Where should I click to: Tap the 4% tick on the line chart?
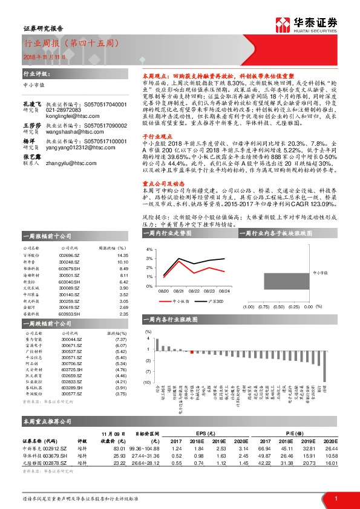(148, 249)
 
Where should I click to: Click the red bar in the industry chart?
(192, 351)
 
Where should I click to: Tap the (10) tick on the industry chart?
(147, 382)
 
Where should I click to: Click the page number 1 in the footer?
(336, 498)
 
